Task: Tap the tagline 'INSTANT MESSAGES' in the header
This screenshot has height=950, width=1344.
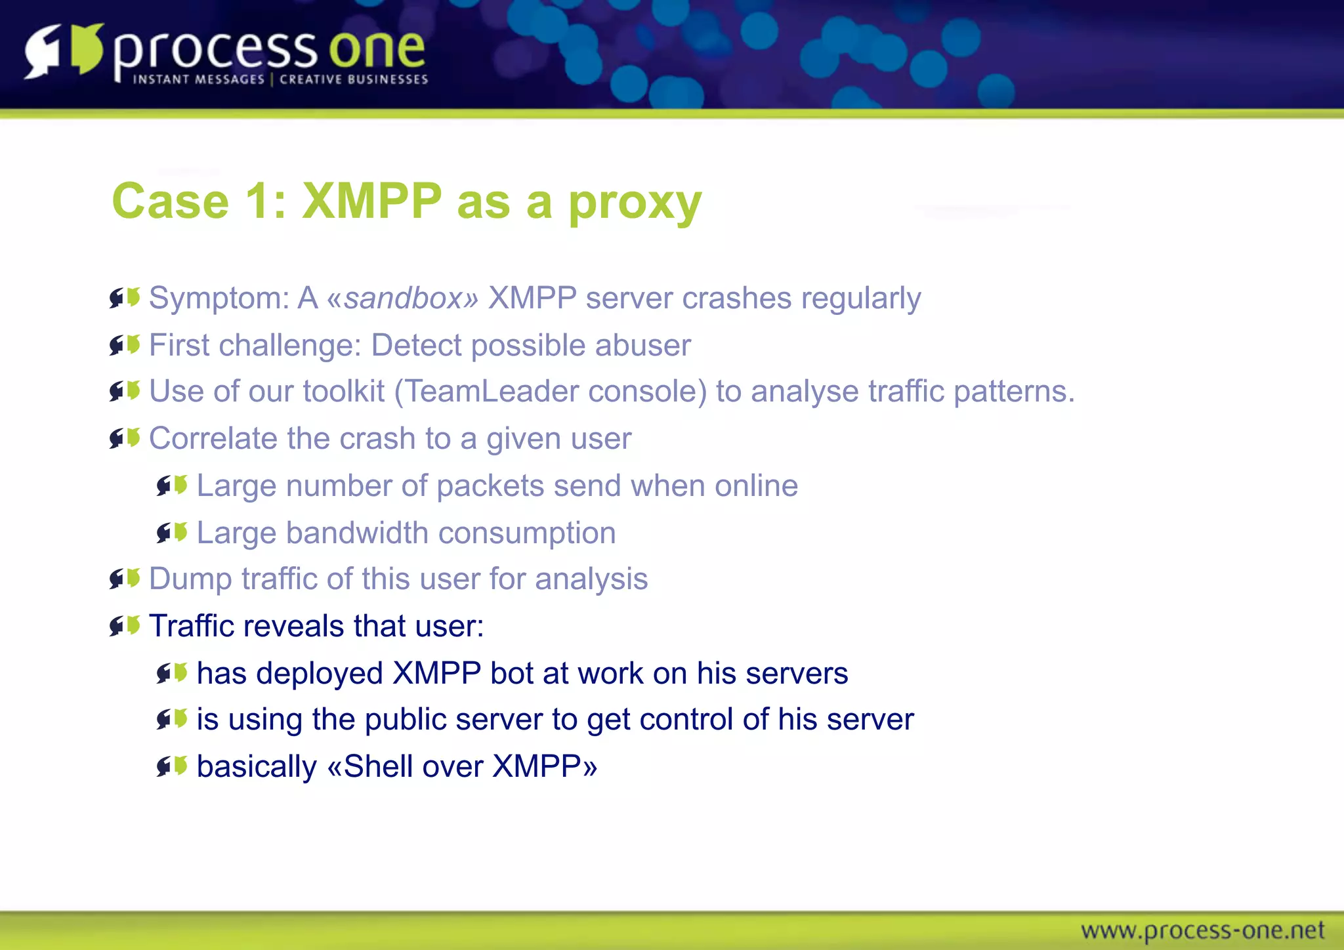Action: [x=198, y=79]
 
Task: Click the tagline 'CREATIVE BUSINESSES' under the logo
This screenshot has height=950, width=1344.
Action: [x=354, y=79]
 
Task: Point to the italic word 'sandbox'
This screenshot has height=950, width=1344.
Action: [x=404, y=299]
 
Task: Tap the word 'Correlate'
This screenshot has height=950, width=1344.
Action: [x=213, y=438]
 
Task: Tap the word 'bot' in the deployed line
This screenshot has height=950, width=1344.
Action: [x=506, y=674]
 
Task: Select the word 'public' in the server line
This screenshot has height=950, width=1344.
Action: [x=404, y=720]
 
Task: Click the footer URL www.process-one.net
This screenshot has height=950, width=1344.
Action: [x=1202, y=930]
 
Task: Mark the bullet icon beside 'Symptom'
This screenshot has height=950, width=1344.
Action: [x=125, y=298]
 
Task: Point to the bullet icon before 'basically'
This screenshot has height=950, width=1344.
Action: [x=172, y=766]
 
